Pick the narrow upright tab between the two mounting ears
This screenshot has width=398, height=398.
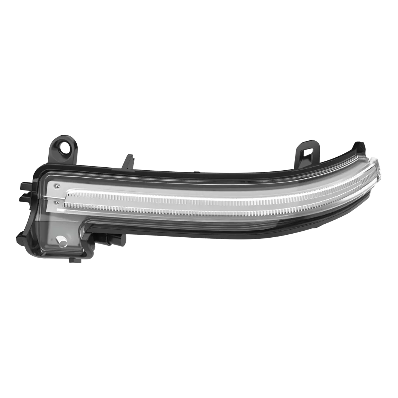(x=129, y=161)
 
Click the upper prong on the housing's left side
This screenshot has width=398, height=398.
(x=25, y=184)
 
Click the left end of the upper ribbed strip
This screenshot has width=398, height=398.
(x=68, y=193)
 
